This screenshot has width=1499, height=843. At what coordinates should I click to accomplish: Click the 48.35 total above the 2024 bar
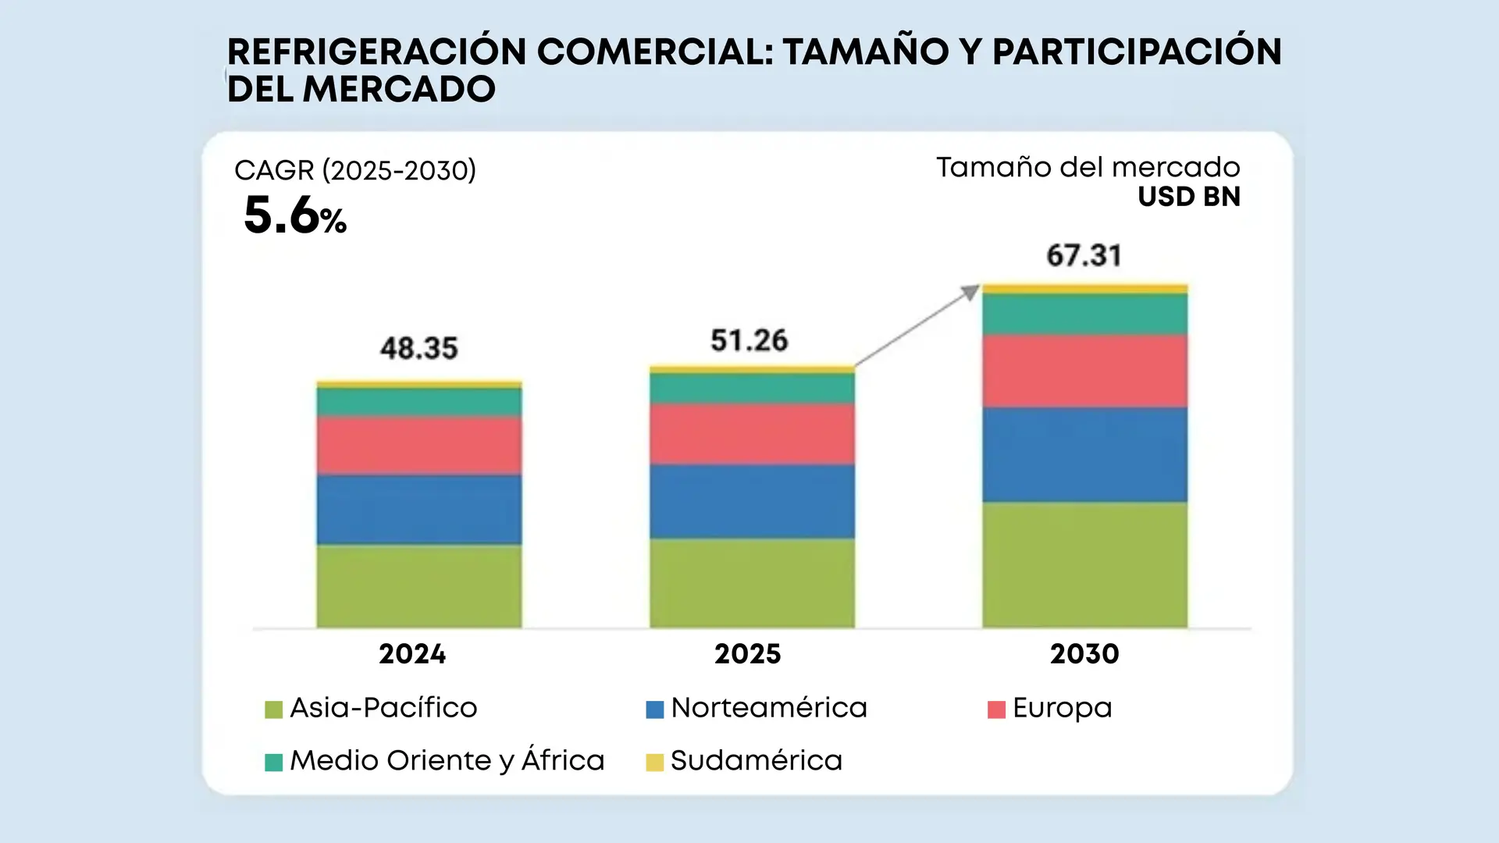(x=419, y=348)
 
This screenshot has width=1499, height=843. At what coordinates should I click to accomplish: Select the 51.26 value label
(x=749, y=340)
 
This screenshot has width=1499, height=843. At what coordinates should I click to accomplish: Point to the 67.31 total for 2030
(x=1084, y=255)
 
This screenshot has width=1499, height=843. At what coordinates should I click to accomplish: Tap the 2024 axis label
(x=412, y=653)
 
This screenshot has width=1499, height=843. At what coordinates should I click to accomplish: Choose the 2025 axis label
(x=748, y=653)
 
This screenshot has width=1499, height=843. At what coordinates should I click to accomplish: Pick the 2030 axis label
(x=1084, y=653)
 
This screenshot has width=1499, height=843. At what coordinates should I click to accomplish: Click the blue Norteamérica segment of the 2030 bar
(x=1084, y=454)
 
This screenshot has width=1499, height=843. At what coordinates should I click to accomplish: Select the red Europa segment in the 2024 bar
(x=419, y=445)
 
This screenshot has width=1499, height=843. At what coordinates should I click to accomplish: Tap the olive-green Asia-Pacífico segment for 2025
(x=752, y=582)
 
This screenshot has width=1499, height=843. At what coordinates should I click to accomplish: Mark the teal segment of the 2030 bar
(x=1084, y=314)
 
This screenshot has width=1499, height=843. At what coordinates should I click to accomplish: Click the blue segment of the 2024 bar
(x=419, y=509)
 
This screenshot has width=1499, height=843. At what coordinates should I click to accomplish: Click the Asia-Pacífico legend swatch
(x=273, y=710)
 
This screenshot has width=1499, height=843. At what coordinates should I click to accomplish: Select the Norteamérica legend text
(x=769, y=708)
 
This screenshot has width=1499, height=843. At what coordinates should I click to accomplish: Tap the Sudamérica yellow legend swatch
(x=655, y=762)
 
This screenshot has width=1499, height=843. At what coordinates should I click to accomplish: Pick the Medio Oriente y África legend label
(x=447, y=760)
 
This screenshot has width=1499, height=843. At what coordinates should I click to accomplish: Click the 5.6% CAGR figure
(x=294, y=215)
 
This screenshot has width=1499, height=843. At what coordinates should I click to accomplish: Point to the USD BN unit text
(x=1189, y=197)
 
